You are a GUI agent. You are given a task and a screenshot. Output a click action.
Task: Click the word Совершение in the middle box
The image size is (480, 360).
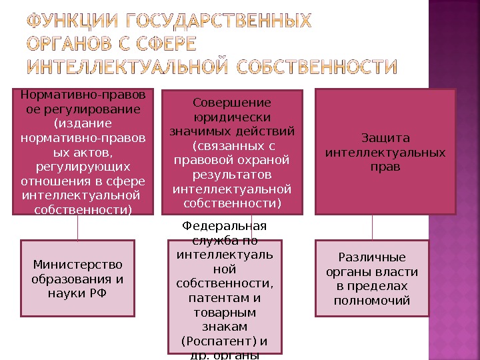(232, 103)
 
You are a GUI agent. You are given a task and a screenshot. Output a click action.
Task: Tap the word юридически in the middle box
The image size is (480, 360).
(232, 117)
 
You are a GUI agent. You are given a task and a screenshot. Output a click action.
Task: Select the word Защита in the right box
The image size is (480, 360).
(385, 139)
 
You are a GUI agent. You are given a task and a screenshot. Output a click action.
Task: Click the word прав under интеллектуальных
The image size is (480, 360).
(385, 166)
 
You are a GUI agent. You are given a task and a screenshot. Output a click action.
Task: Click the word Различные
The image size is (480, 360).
(372, 258)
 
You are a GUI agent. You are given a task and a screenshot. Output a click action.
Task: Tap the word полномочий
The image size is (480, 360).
(372, 300)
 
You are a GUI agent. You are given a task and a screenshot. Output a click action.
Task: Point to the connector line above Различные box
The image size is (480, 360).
(372, 227)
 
